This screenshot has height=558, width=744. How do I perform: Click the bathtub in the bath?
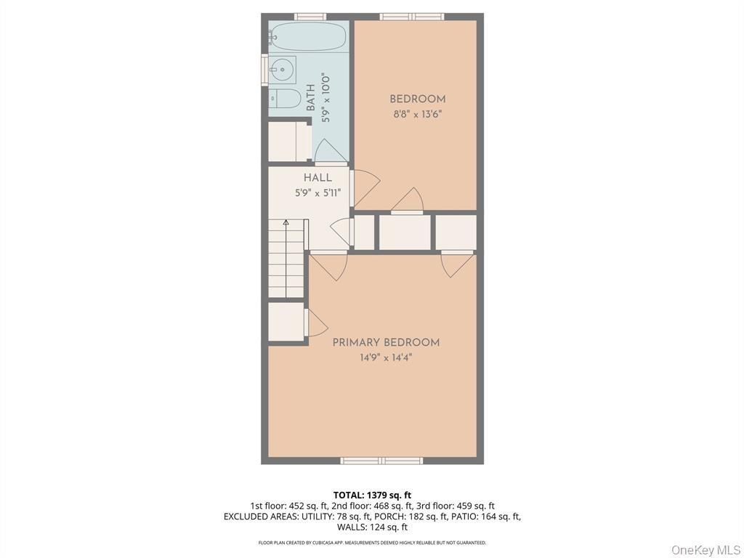click(309, 37)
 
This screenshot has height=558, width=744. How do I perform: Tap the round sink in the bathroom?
click(282, 70)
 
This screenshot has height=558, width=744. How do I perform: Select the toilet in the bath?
click(284, 99)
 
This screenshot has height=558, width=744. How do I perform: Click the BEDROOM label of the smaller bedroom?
click(418, 100)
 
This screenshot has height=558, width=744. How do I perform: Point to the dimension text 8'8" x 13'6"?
click(417, 114)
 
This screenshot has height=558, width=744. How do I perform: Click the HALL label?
click(318, 178)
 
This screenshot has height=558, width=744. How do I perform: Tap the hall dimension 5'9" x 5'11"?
click(318, 193)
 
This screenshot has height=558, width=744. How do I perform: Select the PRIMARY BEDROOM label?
click(386, 342)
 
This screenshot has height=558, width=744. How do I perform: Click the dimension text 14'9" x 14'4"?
click(386, 357)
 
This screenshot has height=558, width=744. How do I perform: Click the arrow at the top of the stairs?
click(286, 222)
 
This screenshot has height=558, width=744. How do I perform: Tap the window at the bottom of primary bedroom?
click(381, 460)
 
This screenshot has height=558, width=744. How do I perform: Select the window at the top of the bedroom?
click(412, 16)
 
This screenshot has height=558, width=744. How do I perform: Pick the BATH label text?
click(311, 98)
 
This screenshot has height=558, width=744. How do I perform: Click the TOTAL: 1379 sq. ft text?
click(371, 496)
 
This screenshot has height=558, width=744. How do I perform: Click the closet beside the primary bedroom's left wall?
click(286, 321)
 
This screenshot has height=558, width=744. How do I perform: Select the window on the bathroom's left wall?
click(264, 70)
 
